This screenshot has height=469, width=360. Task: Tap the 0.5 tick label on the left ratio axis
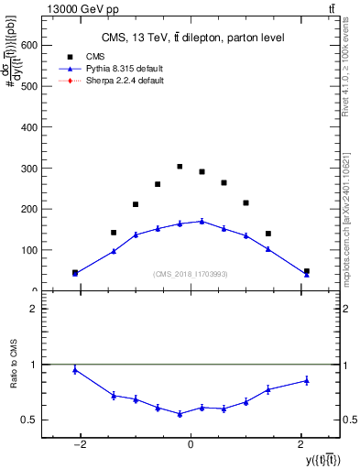(x=29, y=420)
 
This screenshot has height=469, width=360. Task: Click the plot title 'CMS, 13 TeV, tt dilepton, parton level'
(x=192, y=38)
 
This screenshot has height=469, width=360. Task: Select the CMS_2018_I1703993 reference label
(x=191, y=274)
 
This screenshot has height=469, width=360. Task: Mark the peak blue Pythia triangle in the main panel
(x=202, y=221)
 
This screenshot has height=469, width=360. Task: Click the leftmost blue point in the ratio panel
(x=75, y=369)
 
